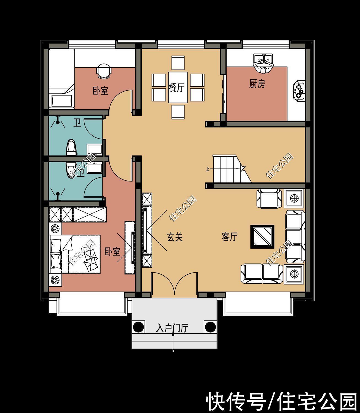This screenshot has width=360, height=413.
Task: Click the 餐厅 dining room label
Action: pyautogui.click(x=177, y=88)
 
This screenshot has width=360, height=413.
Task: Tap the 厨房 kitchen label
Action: pyautogui.click(x=257, y=84)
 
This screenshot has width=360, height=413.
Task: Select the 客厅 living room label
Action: pyautogui.click(x=230, y=237)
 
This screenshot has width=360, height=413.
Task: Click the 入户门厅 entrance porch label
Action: pyautogui.click(x=172, y=328)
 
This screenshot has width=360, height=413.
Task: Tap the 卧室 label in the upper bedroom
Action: pyautogui.click(x=100, y=91)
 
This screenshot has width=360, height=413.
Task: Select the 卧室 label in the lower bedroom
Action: pyautogui.click(x=112, y=251)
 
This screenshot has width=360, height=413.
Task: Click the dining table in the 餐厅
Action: pyautogui.click(x=178, y=87)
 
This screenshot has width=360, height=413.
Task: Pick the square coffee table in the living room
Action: pyautogui.click(x=262, y=237)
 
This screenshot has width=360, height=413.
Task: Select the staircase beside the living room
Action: pyautogui.click(x=231, y=169)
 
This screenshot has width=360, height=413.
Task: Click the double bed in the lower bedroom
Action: pyautogui.click(x=75, y=254)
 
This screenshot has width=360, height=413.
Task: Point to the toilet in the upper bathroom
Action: pyautogui.click(x=72, y=147)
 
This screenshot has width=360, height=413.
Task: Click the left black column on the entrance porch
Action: pyautogui.click(x=138, y=327)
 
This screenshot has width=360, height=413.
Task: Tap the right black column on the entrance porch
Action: pyautogui.click(x=210, y=327)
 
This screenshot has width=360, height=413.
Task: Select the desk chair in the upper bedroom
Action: pyautogui.click(x=104, y=71)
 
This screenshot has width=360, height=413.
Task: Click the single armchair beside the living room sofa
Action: pyautogui.click(x=269, y=198)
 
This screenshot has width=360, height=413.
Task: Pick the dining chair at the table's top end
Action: pyautogui.click(x=178, y=63)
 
